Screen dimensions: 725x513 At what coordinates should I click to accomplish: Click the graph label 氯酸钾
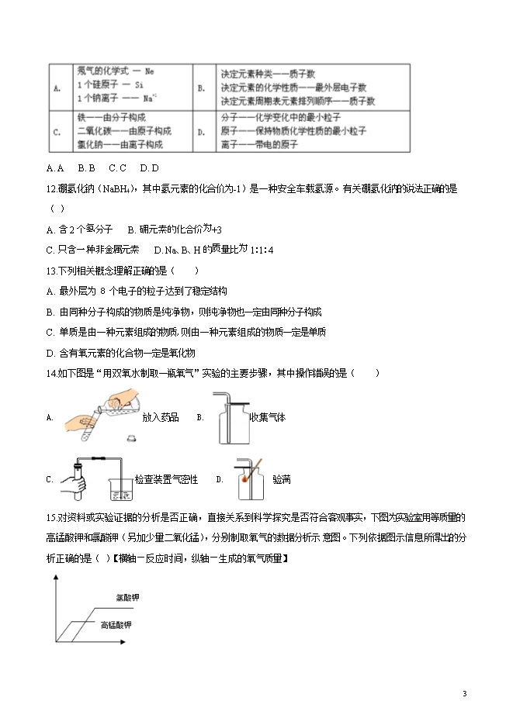tap(127, 598)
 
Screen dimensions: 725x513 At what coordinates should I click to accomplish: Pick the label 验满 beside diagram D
tap(282, 479)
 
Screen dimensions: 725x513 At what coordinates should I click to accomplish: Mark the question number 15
tap(51, 517)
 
